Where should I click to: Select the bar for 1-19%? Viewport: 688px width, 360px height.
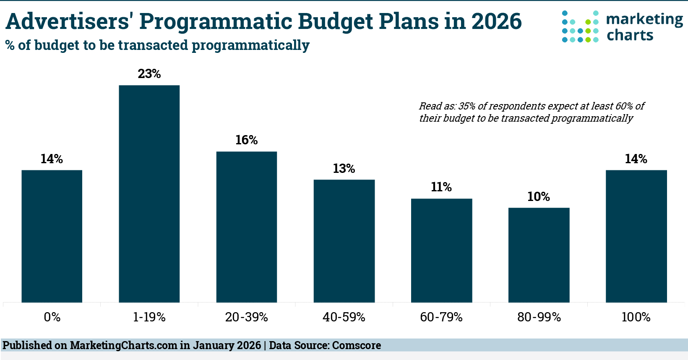pos(149,194)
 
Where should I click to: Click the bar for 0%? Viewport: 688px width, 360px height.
pos(52,236)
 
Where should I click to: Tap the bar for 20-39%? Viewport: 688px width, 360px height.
pos(247,227)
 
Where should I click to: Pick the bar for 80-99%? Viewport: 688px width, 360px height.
pos(539,255)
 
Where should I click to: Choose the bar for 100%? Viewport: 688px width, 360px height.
pos(636,236)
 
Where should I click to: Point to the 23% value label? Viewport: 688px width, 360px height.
pos(149,74)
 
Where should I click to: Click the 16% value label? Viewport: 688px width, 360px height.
pos(247,140)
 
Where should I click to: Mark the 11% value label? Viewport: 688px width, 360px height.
pos(441,187)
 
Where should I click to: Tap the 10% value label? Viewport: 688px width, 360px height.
pos(539,197)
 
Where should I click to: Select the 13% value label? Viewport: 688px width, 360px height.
pos(344,169)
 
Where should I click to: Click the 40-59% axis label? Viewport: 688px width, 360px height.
pos(344,317)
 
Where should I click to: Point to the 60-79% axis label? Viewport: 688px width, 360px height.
pos(441,317)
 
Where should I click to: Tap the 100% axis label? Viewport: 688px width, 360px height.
pos(636,317)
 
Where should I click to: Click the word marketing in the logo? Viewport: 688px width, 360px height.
pos(644,20)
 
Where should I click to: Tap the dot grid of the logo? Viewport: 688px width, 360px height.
pos(580,26)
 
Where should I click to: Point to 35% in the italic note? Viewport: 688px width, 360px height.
pos(467,106)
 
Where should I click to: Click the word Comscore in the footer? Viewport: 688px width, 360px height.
pos(357,345)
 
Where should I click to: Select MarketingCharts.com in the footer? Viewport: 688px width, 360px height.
pos(123,345)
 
